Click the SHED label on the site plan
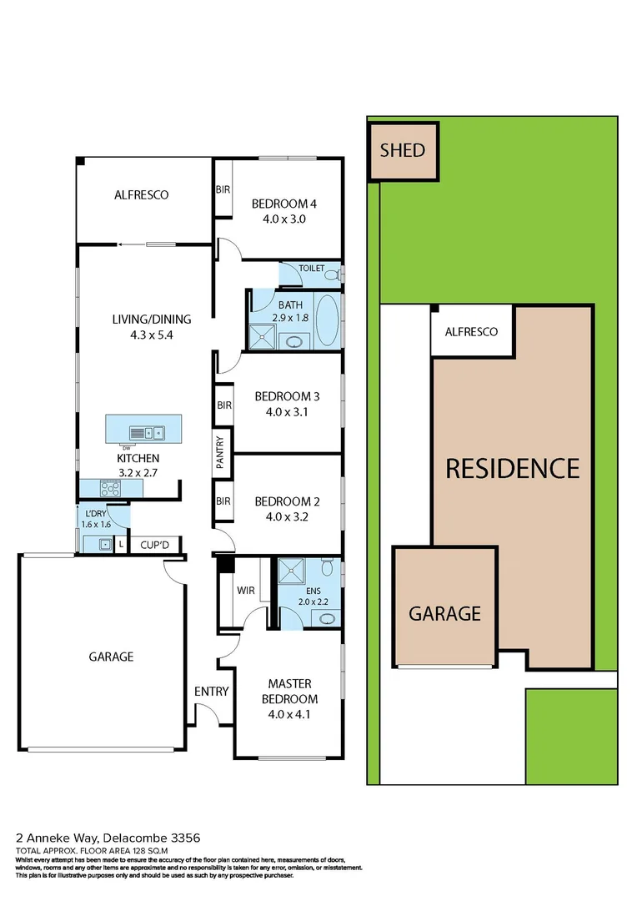click(403, 151)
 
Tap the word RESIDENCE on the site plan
click(512, 468)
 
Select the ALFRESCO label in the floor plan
click(142, 194)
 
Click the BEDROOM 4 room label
click(284, 204)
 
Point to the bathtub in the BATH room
click(328, 321)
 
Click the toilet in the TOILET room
click(332, 274)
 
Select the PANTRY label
click(221, 453)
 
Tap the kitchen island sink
click(153, 432)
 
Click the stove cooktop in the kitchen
click(111, 489)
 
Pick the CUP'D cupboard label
click(154, 545)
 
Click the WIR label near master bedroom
click(245, 590)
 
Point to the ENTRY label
click(211, 691)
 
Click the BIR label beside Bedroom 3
click(223, 405)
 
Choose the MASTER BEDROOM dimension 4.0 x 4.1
click(289, 714)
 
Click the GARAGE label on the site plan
click(444, 613)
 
